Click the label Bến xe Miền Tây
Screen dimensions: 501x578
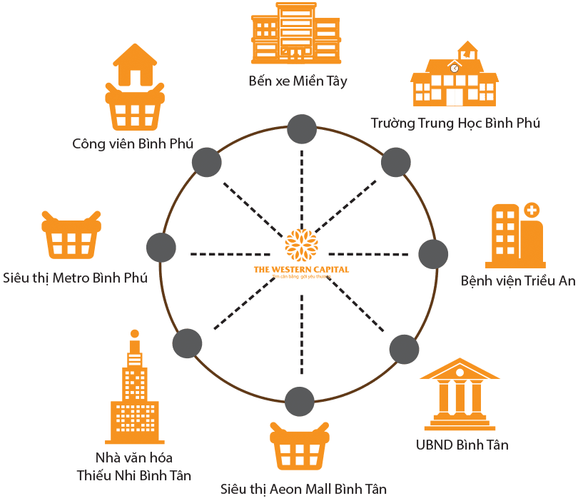(x=298, y=81)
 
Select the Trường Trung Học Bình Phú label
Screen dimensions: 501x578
(x=456, y=123)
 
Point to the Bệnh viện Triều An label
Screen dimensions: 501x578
(x=518, y=280)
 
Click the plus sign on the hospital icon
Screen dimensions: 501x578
(x=531, y=211)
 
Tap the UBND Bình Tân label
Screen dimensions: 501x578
(x=462, y=445)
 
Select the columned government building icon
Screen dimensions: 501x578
(x=460, y=397)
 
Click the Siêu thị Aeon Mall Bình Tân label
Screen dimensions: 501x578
(x=304, y=489)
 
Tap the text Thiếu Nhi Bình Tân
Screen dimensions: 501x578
(x=133, y=475)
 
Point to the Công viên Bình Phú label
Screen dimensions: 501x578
(x=133, y=143)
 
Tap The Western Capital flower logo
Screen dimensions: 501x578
(x=301, y=245)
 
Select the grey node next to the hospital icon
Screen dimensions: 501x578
(x=432, y=255)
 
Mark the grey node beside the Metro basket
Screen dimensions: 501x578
(x=161, y=248)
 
